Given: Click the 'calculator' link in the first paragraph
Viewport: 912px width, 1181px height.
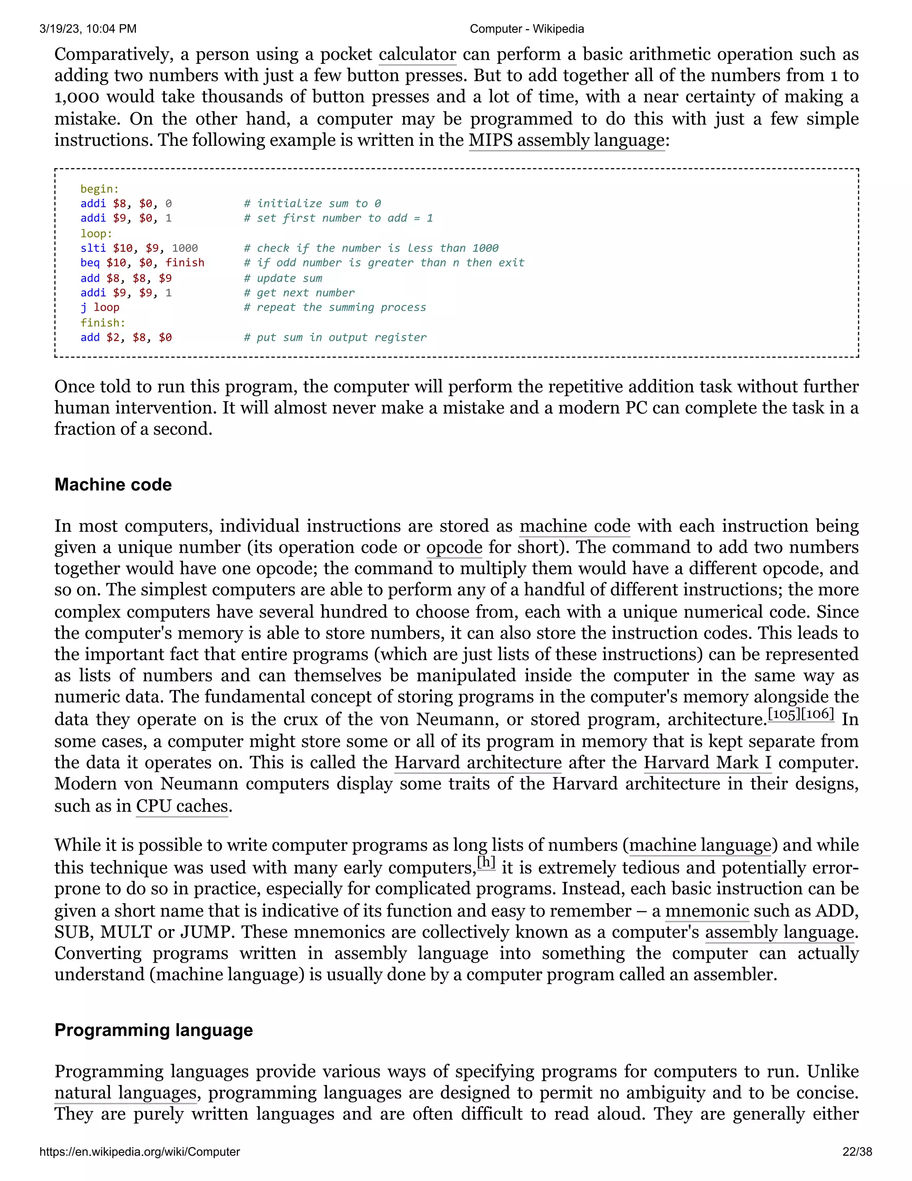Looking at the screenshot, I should tap(417, 55).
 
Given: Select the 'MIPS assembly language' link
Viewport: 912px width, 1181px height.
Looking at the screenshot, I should tap(566, 140).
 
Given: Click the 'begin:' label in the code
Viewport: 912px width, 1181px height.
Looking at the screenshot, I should tap(99, 189).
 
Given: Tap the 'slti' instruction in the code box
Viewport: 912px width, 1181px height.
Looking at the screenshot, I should tap(93, 248).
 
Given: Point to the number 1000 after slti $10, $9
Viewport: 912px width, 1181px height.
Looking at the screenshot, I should tap(185, 248).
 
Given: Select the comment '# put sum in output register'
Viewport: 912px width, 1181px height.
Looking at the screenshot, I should tap(335, 337).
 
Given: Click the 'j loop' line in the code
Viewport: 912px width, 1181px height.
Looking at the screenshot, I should tap(100, 307).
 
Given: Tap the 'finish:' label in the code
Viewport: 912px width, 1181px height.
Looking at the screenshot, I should tap(103, 322).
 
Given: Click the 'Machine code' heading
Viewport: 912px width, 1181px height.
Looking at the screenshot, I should tap(113, 484).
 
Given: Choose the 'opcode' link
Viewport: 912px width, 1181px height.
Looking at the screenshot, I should tap(454, 547).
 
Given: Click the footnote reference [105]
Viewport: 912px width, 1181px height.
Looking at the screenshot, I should tap(783, 714).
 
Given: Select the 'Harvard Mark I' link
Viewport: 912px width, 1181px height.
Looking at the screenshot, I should tap(707, 763).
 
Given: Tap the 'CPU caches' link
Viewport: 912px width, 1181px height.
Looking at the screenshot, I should tap(182, 806).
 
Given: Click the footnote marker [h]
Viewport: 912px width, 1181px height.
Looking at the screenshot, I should tap(486, 861).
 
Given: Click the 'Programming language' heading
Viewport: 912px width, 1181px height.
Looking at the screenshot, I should tap(154, 1030).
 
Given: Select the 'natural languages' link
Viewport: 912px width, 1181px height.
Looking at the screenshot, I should tap(125, 1093).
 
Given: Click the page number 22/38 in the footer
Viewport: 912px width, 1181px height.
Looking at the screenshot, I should tap(857, 1152).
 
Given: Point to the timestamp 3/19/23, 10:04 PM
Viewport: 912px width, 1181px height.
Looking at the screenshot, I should tap(88, 29).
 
